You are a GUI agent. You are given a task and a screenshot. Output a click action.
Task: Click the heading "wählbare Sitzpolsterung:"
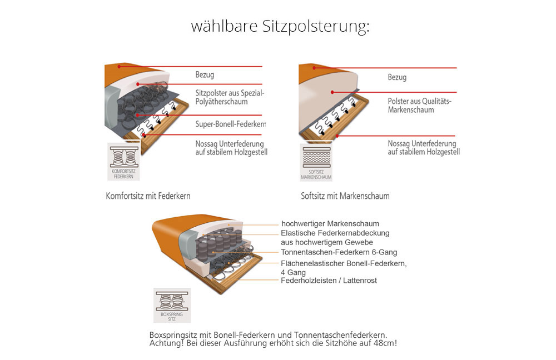(280, 27)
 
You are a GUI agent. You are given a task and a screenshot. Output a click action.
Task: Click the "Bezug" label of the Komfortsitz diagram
(205, 75)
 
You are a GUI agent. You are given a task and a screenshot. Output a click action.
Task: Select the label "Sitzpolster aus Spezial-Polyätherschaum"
(230, 97)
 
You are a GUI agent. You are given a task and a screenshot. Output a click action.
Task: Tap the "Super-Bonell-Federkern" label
(231, 124)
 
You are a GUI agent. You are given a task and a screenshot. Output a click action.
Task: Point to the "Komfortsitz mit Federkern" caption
(148, 196)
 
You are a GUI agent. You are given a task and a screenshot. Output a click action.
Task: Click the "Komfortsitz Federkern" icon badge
(123, 162)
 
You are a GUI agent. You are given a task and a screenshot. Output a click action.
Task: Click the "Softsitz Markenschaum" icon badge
(316, 162)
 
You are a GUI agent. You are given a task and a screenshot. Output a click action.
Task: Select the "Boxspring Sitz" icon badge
(172, 305)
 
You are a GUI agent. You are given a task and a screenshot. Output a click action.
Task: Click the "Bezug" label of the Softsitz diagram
(397, 77)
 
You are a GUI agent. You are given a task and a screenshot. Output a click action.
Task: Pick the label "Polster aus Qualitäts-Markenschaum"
(419, 105)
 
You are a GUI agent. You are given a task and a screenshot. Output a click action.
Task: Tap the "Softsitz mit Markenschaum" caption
(345, 196)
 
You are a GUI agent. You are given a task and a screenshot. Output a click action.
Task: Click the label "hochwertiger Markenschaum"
(330, 223)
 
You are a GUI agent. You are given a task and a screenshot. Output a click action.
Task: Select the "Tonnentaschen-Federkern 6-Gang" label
(339, 252)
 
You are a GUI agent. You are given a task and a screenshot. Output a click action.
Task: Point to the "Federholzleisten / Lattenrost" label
(329, 281)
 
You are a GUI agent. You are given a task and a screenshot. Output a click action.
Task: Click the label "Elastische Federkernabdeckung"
(335, 233)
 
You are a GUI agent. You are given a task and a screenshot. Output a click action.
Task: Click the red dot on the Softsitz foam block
(332, 92)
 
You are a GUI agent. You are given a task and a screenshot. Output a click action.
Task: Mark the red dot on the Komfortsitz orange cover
(119, 66)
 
